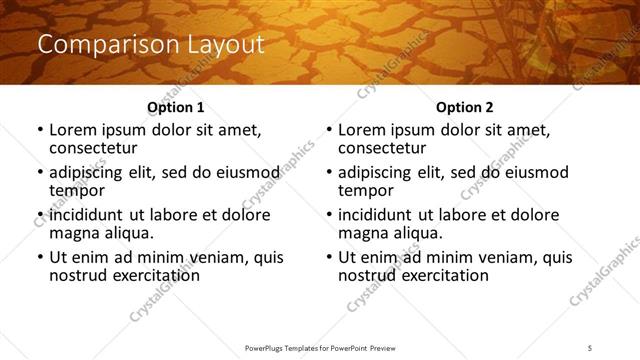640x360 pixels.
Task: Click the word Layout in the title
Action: click(x=219, y=45)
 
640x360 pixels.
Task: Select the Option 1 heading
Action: click(x=175, y=107)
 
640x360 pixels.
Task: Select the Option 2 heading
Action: click(x=464, y=107)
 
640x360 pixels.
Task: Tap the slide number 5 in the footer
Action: click(x=590, y=348)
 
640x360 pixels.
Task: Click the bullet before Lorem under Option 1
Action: click(x=40, y=131)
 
